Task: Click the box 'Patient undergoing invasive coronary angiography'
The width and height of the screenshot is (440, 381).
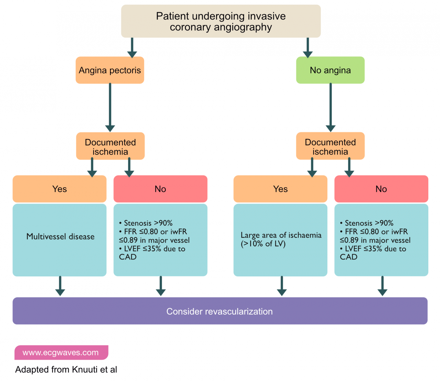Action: [x=221, y=21]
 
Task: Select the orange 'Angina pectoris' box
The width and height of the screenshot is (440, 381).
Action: [x=110, y=70]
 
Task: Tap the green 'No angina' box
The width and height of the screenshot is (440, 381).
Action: [x=330, y=70]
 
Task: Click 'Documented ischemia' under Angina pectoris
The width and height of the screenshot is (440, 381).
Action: [x=110, y=147]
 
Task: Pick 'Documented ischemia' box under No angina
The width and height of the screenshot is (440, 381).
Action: [x=330, y=147]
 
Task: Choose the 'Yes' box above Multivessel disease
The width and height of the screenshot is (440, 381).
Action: [x=59, y=189]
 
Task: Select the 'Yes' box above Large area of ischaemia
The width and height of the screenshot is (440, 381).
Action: [x=280, y=189]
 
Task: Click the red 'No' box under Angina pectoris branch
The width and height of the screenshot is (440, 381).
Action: [x=160, y=189]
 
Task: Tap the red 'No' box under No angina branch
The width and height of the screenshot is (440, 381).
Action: [x=381, y=189]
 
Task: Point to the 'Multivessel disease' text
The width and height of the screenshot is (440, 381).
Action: [x=60, y=237]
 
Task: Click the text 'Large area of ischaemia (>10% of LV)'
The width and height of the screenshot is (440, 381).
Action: [x=281, y=239]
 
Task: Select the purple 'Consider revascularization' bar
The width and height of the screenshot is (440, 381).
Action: [x=220, y=311]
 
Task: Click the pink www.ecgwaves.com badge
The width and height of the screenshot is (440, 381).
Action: [x=61, y=353]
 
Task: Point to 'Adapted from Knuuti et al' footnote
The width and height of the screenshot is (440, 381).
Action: [x=66, y=370]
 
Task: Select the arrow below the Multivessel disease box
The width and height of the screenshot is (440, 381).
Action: [x=60, y=286]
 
